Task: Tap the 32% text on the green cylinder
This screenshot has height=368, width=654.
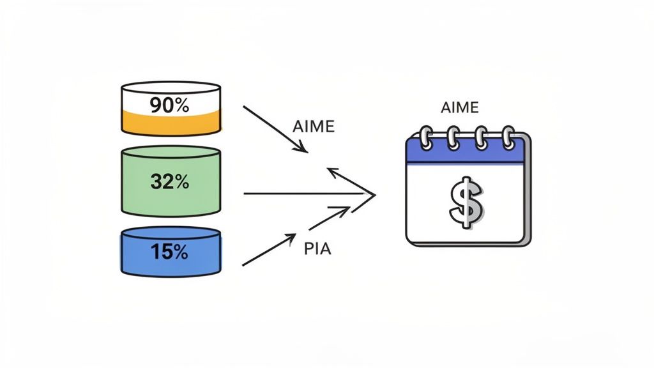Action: [170, 182]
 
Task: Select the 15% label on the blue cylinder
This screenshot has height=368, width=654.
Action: [170, 252]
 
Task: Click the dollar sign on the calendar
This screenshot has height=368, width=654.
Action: [464, 203]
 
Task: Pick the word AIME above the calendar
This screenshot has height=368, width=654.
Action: [459, 107]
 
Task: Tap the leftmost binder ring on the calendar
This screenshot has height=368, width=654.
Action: [425, 137]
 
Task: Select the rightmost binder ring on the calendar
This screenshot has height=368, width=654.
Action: [508, 137]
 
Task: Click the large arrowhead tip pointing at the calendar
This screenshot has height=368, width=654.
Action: [374, 192]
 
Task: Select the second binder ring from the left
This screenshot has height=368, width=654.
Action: [453, 137]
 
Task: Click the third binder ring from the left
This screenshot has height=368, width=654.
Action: [480, 137]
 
